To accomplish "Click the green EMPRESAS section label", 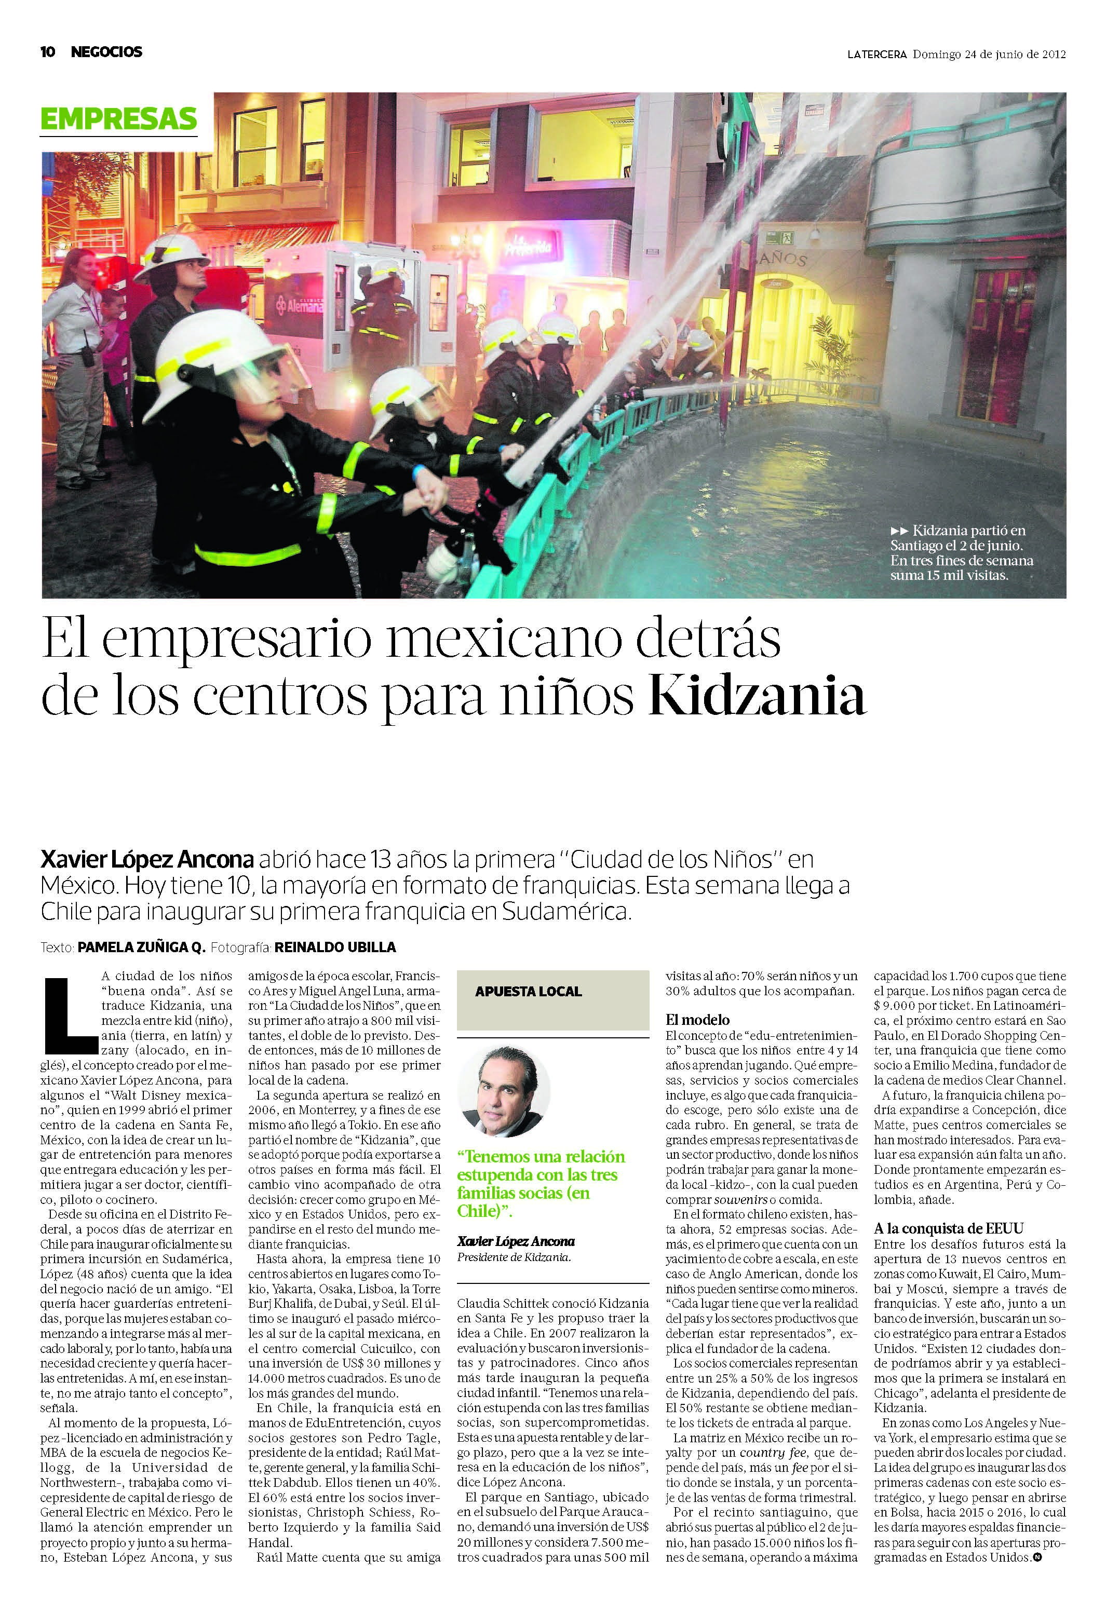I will point(118,118).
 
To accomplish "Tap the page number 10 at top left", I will point(48,52).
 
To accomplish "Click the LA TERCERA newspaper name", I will point(876,54).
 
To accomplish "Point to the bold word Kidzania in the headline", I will point(757,697).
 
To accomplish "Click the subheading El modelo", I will point(697,1020).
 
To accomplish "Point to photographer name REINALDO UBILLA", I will point(335,947).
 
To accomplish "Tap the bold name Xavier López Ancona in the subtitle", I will point(147,860).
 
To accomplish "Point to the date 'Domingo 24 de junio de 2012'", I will point(989,54).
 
